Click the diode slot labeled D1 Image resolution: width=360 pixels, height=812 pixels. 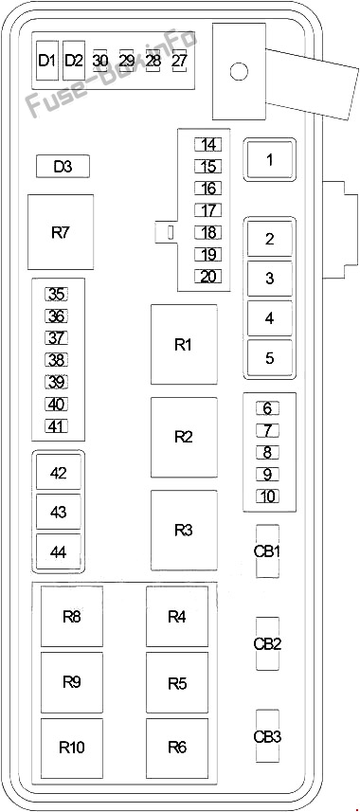(x=47, y=61)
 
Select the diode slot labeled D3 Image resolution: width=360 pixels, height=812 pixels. (x=63, y=166)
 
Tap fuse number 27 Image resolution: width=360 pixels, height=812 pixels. (x=179, y=61)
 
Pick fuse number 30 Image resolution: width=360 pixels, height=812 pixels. (x=100, y=61)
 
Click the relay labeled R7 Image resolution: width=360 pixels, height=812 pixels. (x=61, y=232)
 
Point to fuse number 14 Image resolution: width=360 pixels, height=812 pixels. (x=208, y=144)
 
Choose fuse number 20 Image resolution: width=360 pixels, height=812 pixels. (x=208, y=277)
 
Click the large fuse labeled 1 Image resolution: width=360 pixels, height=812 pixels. (x=269, y=159)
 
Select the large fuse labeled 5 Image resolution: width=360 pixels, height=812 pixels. (x=269, y=358)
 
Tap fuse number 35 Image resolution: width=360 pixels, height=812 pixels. (x=57, y=294)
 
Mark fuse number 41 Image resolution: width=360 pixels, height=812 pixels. (x=57, y=425)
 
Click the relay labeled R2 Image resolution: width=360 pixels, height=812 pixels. (x=184, y=437)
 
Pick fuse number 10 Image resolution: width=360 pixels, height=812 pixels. (x=267, y=496)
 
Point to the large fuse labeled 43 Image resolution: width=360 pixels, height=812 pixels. (x=59, y=512)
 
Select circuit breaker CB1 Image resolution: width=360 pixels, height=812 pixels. (x=267, y=551)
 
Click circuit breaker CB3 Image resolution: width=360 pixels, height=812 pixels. (x=267, y=736)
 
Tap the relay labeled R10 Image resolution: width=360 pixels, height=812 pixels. (x=72, y=748)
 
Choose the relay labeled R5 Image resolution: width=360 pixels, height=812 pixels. (x=177, y=682)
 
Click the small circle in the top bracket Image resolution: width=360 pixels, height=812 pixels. (x=239, y=71)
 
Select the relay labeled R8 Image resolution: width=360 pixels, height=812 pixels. (x=72, y=616)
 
